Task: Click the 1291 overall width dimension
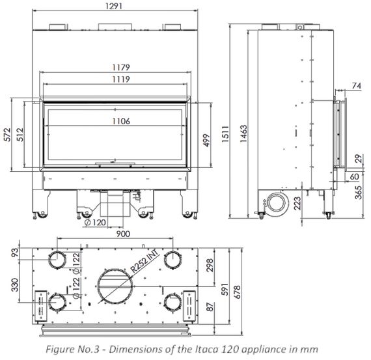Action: point(114,6)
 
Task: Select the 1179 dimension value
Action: point(121,68)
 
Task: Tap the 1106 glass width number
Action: point(121,121)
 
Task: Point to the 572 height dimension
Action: point(8,135)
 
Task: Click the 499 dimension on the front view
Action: point(206,141)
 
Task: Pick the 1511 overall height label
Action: point(225,134)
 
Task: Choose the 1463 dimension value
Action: point(243,133)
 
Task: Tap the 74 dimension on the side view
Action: point(357,86)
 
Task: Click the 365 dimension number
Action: point(359,193)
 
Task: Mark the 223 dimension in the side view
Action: point(297,204)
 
